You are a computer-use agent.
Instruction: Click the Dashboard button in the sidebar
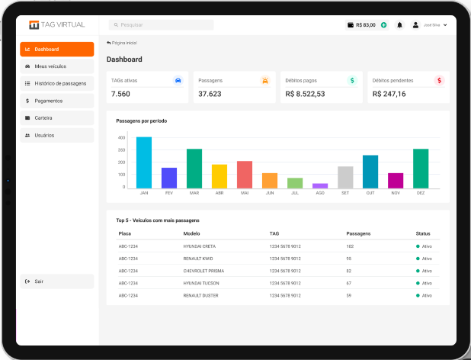(x=56, y=50)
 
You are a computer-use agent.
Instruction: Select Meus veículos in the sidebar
(x=56, y=66)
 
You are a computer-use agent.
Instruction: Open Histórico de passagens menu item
(x=56, y=83)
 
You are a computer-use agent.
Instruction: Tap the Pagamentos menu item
(x=56, y=101)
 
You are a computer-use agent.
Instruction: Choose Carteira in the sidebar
(x=56, y=117)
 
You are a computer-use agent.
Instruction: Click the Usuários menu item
(x=56, y=135)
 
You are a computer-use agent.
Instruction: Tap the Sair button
(x=56, y=281)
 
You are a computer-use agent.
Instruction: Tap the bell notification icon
(x=399, y=25)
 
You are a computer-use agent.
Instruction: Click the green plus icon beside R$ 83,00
(x=383, y=25)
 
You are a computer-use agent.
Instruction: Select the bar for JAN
(x=143, y=162)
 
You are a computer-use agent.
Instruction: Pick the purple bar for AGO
(x=320, y=185)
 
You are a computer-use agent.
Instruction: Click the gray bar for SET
(x=345, y=177)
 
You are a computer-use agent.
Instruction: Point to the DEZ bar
(x=420, y=169)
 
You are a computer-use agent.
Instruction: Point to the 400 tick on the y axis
(x=121, y=138)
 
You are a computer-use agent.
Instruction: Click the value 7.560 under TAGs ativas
(x=120, y=94)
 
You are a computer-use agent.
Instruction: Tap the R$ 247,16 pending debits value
(x=389, y=94)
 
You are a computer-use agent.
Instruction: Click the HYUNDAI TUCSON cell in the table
(x=201, y=283)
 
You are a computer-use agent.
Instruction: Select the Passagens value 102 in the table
(x=350, y=246)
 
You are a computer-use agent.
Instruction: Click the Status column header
(x=423, y=233)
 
